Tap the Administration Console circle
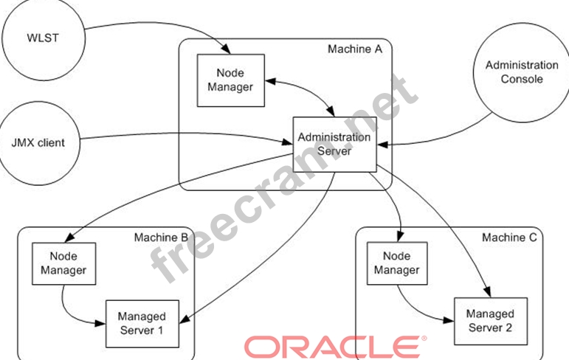tap(513, 72)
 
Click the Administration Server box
tap(334, 145)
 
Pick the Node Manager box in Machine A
tap(230, 80)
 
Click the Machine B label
tap(161, 238)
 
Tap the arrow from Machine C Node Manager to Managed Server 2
tap(413, 310)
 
